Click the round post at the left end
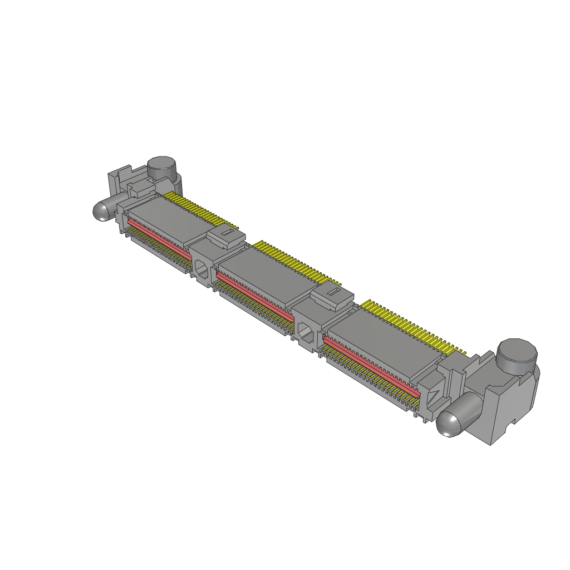[x=161, y=167]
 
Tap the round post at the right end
[x=518, y=355]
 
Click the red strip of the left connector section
[x=159, y=236]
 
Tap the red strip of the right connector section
[x=370, y=365]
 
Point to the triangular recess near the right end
[x=433, y=396]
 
